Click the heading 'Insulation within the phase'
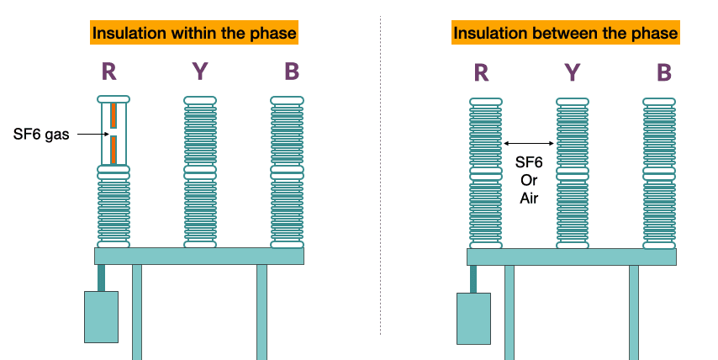point(194,33)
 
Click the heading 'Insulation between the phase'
point(566,33)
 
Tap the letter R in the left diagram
point(109,71)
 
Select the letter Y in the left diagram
point(199,71)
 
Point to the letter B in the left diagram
point(292,71)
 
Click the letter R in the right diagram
point(481,73)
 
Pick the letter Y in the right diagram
point(573,73)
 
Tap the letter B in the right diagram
point(664,73)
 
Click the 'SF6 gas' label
point(41,135)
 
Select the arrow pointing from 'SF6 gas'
point(93,135)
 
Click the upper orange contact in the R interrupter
point(114,115)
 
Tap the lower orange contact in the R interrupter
point(114,151)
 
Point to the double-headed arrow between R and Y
point(529,143)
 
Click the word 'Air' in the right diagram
point(529,198)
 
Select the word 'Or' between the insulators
point(529,180)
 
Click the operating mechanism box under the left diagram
point(101,317)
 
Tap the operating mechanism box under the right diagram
point(473,319)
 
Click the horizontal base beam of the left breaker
point(199,256)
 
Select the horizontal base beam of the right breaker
point(572,257)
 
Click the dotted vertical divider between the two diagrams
point(380,176)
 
